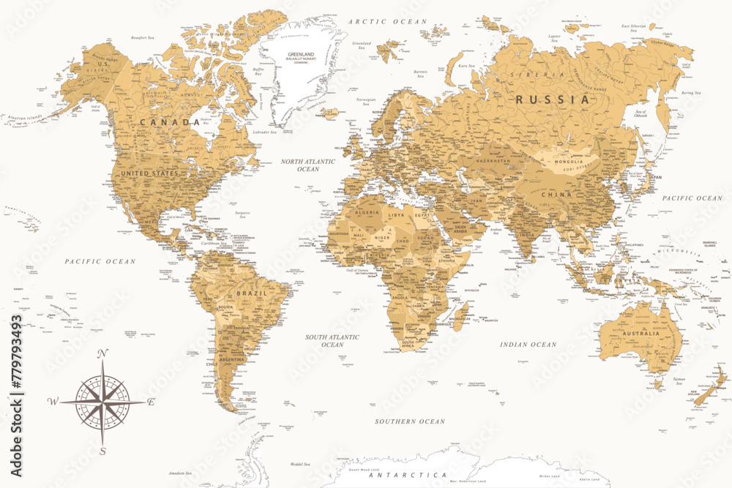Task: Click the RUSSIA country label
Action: (553, 99)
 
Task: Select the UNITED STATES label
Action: (149, 173)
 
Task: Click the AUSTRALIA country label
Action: (641, 334)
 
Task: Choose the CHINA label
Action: (557, 195)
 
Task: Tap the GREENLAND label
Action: (300, 53)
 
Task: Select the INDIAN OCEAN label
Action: (528, 344)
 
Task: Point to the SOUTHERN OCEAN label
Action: (410, 421)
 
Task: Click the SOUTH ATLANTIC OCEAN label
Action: (332, 340)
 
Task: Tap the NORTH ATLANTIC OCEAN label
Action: (308, 165)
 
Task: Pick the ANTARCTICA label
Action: (408, 475)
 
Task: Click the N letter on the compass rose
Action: (102, 354)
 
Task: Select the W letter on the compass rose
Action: (53, 402)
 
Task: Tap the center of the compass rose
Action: (102, 402)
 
